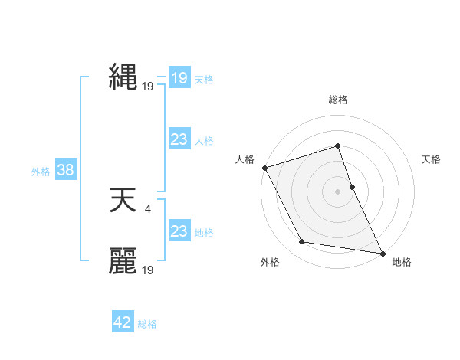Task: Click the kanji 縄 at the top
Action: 123,79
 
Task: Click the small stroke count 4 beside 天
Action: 147,208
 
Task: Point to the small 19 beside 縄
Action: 148,87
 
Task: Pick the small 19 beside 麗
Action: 148,270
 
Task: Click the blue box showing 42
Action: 123,322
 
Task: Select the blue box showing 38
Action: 65,170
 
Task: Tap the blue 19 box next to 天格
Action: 179,78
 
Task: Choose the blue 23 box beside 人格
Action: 179,139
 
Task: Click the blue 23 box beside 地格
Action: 179,231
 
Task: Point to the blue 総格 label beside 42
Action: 147,324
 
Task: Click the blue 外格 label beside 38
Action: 41,172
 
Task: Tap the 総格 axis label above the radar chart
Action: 338,100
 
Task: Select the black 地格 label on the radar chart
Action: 402,262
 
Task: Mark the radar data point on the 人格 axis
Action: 264,168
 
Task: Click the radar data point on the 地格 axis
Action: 382,252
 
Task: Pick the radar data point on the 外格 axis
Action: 302,242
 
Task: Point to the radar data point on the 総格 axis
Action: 338,146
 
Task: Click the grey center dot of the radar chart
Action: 338,191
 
